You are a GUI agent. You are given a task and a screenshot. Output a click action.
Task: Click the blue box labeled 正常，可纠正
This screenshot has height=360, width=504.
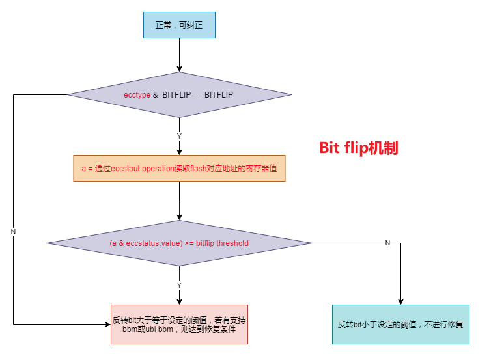tap(179, 25)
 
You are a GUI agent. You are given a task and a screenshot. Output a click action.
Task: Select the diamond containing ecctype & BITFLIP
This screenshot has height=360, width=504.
tap(179, 95)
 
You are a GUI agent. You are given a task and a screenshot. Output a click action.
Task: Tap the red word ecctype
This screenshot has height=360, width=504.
tap(137, 95)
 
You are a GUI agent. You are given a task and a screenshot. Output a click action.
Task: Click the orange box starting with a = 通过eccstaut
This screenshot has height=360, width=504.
tap(179, 168)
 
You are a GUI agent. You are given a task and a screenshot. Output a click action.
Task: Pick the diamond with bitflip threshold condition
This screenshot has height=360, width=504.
tap(179, 243)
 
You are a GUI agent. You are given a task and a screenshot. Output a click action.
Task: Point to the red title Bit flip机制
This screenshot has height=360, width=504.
tap(358, 148)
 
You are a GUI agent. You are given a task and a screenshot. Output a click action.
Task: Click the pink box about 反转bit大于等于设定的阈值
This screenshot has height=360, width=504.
tap(179, 324)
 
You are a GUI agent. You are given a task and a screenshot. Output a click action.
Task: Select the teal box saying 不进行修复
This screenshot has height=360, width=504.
tap(400, 324)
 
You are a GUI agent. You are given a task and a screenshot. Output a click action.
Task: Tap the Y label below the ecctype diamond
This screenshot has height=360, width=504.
tap(179, 135)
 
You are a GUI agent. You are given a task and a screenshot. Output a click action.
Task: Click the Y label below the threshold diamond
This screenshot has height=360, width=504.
tap(179, 284)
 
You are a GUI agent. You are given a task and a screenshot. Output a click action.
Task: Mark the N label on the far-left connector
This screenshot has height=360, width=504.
tap(13, 232)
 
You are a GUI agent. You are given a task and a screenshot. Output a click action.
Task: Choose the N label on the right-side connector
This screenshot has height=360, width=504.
tap(387, 243)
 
